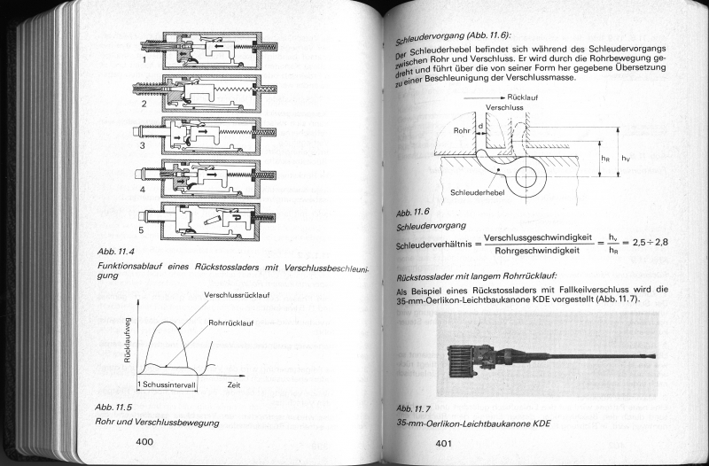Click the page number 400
(x=144, y=441)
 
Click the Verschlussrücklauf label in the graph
(x=237, y=294)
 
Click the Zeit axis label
(x=234, y=385)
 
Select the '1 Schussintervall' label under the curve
(x=168, y=385)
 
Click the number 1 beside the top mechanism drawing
(x=144, y=64)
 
